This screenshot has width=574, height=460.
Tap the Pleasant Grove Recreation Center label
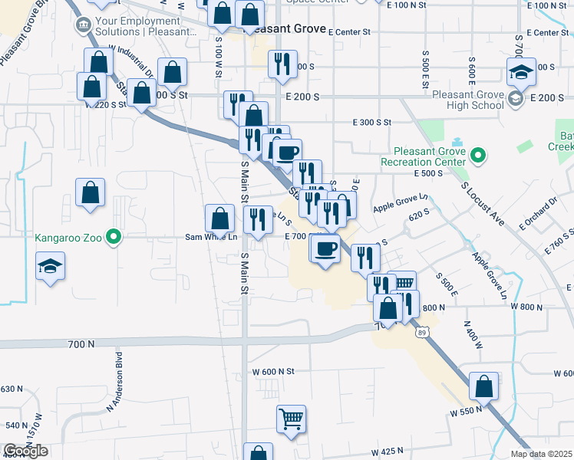coord(424,156)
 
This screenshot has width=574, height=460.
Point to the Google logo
coord(25,451)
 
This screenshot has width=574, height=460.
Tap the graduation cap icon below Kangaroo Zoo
coord(51,266)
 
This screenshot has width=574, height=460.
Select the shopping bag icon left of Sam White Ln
coord(220,218)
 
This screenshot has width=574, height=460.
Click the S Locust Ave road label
coord(483,203)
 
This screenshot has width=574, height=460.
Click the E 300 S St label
coord(372,123)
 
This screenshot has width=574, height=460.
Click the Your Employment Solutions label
coord(143,26)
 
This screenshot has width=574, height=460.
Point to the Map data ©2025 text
coord(542,454)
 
